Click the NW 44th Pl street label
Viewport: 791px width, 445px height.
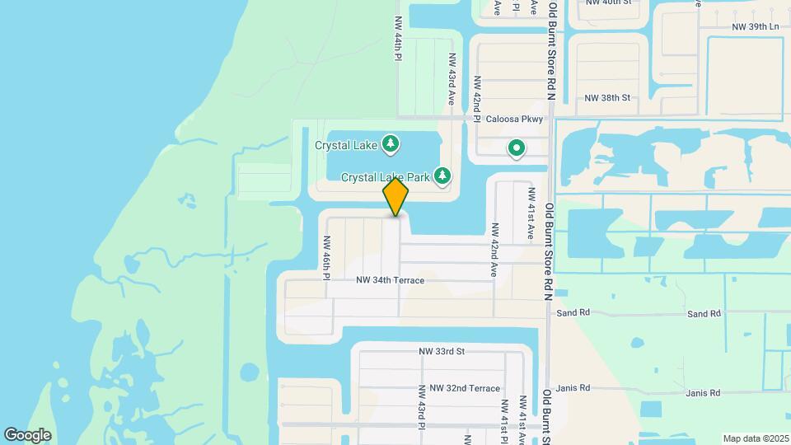tap(398, 38)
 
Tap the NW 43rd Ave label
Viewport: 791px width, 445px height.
tap(452, 79)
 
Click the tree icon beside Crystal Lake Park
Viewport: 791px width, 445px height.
tap(443, 176)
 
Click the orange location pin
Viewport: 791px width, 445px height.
tap(395, 197)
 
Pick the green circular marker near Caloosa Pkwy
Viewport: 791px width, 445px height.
tap(517, 148)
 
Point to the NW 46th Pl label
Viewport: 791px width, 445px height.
tap(327, 256)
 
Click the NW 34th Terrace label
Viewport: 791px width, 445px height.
tap(390, 280)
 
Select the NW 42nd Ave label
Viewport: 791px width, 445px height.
tap(494, 249)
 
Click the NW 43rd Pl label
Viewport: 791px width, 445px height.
tap(421, 405)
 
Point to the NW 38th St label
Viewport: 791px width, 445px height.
tap(607, 98)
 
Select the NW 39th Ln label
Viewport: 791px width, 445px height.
tap(755, 27)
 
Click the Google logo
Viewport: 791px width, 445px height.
tap(27, 434)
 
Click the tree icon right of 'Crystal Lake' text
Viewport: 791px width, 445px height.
tap(391, 145)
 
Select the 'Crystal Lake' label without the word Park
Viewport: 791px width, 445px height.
tap(346, 145)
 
